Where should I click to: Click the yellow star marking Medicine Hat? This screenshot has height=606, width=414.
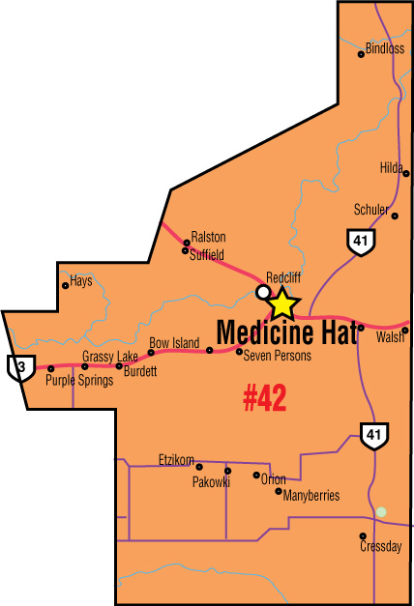point(281,303)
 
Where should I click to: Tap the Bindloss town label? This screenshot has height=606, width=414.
point(385,48)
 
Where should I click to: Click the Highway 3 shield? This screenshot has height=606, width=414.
point(16,366)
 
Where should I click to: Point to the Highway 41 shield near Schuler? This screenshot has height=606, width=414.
point(361,242)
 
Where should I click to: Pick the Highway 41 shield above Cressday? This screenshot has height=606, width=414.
point(373,436)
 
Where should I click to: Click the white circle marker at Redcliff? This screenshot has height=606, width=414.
point(262,291)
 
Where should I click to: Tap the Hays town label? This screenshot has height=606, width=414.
point(81,281)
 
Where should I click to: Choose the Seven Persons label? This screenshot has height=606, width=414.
point(278,357)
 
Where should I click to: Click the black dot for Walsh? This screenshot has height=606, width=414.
point(405,331)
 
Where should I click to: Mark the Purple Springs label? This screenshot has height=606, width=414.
point(79,381)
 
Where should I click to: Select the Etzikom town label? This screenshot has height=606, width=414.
point(176,459)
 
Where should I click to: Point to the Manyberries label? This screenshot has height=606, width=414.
point(311,496)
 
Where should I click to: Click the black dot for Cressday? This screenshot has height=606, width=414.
point(363,535)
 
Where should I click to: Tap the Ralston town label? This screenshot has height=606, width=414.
point(208,237)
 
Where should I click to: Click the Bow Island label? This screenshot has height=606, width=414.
point(174,343)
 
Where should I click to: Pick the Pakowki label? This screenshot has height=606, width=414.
point(211,481)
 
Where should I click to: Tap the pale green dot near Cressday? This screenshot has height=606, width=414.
point(381,511)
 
